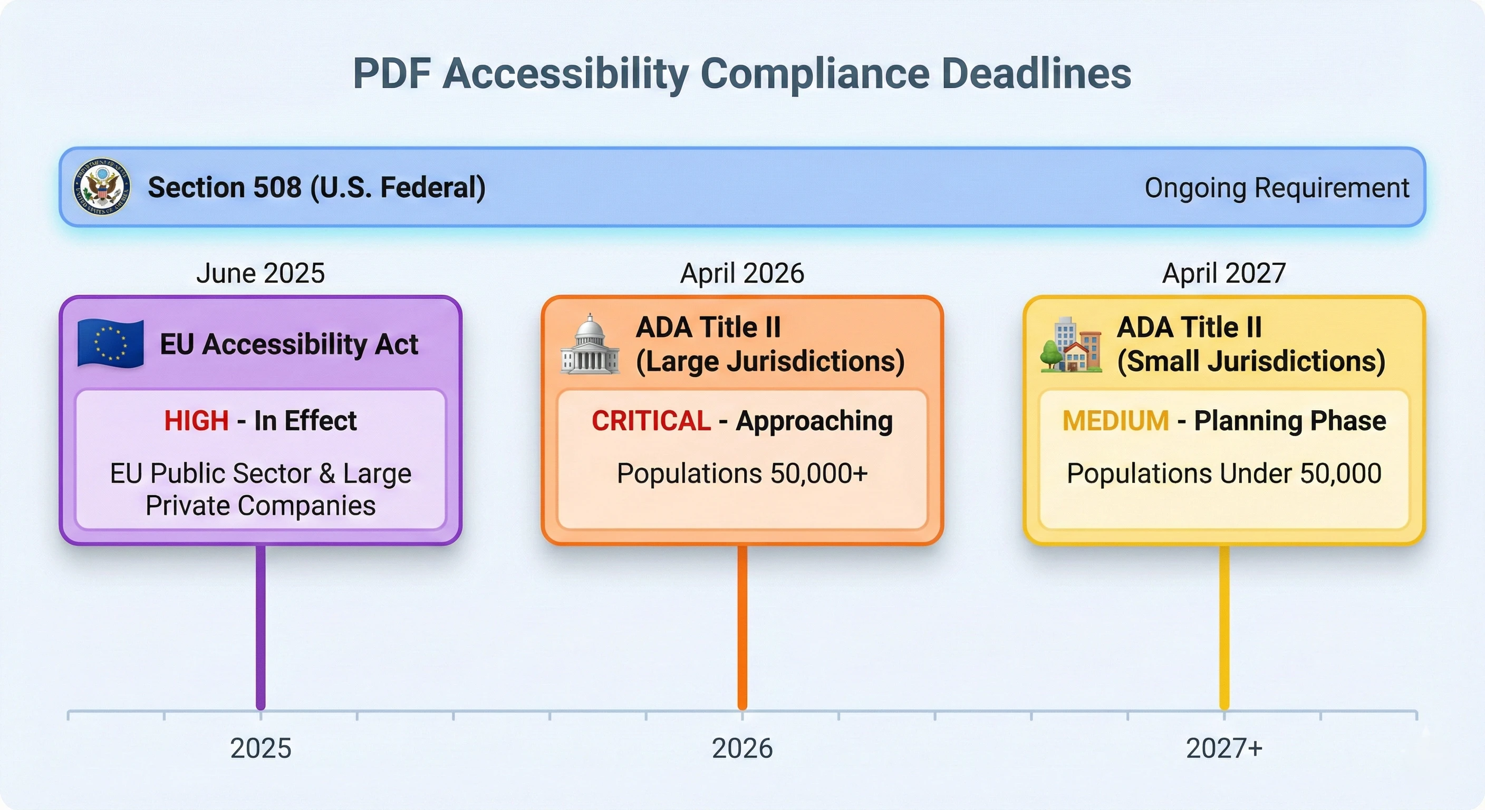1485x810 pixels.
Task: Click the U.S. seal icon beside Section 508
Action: pos(102,187)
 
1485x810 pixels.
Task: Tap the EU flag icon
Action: pos(111,344)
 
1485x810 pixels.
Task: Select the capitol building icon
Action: pos(590,344)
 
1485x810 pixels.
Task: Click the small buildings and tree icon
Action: pos(1071,344)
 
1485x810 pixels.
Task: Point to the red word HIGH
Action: pos(197,421)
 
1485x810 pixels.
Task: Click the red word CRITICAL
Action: pos(651,421)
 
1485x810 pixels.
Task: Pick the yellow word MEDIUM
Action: pos(1115,421)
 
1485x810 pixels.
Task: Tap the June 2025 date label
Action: pos(261,273)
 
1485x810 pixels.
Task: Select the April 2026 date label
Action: pos(742,273)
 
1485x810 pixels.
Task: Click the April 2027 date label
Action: pos(1224,273)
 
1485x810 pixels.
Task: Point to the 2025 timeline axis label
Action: pos(261,748)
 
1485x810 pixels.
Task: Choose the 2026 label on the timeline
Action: pos(742,748)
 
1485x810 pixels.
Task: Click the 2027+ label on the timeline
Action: pos(1224,748)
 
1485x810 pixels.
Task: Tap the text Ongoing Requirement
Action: pos(1276,188)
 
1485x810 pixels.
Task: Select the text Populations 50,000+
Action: pos(742,474)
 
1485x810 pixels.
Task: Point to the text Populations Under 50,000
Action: pos(1224,474)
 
